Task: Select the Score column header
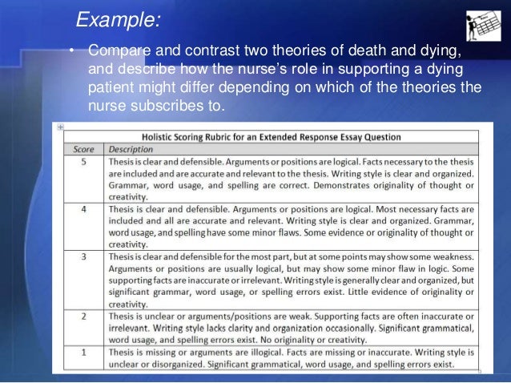84,149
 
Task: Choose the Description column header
131,149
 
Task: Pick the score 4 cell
84,210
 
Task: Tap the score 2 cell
84,318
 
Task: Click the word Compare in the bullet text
118,51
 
